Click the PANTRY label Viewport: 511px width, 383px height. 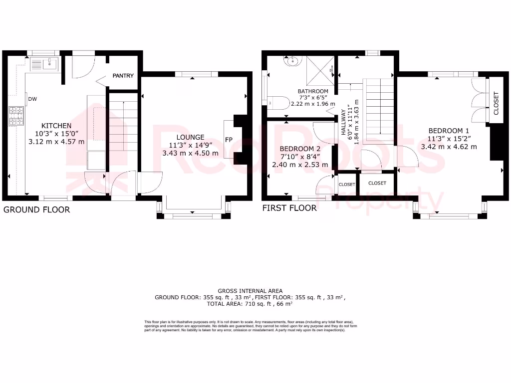[x=123, y=76]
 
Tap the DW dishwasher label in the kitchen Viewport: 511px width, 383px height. [x=32, y=99]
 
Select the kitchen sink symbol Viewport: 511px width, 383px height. [x=43, y=63]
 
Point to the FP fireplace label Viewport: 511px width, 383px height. [x=229, y=139]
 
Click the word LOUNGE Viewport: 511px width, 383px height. [x=190, y=137]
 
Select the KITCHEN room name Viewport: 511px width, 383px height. [x=56, y=126]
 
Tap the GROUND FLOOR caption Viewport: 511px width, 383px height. [x=36, y=210]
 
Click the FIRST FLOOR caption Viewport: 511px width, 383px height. [x=289, y=208]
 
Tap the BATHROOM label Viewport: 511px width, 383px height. [x=313, y=91]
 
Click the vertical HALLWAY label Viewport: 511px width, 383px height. [x=343, y=123]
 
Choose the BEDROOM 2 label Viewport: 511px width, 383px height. [x=300, y=149]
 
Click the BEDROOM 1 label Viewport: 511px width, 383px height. [x=448, y=131]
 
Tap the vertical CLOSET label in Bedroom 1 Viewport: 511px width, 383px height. [x=496, y=103]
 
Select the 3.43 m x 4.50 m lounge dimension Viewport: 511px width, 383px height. [x=190, y=153]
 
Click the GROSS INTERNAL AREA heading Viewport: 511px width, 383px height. [x=250, y=291]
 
